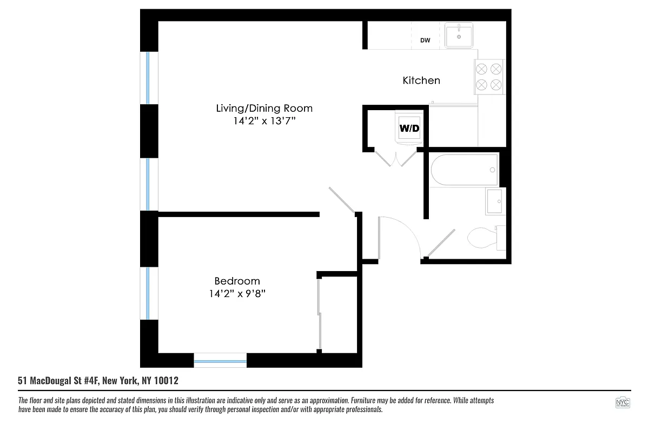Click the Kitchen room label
(421, 80)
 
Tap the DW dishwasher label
(425, 40)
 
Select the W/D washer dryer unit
(409, 128)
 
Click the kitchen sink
(459, 36)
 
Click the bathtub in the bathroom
(464, 171)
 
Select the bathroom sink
(495, 201)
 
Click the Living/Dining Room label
(264, 108)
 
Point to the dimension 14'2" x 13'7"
(264, 122)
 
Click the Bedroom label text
(237, 281)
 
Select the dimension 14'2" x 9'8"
(237, 294)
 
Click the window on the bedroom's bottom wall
(220, 360)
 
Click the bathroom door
(441, 242)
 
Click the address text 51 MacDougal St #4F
(98, 381)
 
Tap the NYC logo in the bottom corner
(622, 403)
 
